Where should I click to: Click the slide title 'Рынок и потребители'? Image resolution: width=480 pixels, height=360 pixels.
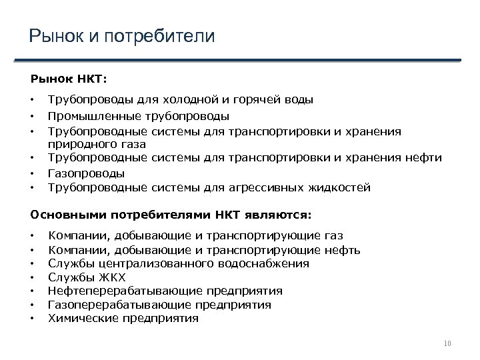point(122,35)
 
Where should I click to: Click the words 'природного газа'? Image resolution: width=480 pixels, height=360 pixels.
point(97,143)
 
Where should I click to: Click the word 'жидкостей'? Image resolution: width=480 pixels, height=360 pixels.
point(339,188)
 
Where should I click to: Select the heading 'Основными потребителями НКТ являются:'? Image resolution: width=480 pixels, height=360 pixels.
point(171,215)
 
